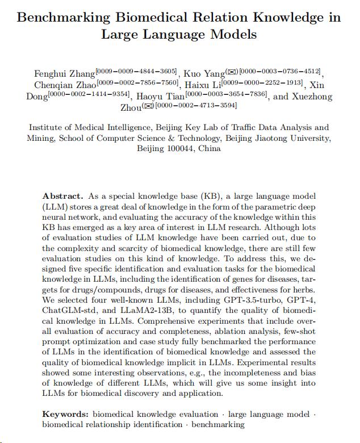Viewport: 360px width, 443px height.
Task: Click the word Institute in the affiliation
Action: [x=47, y=128]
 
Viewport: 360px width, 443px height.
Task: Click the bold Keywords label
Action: [x=65, y=415]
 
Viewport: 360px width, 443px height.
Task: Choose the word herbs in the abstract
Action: [x=300, y=290]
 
